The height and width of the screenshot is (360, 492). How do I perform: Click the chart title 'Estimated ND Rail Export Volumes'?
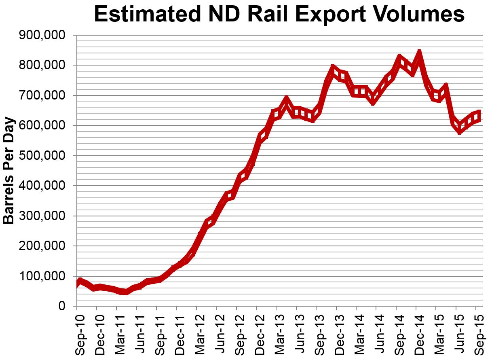click(279, 15)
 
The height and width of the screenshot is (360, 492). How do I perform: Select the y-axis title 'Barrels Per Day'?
click(9, 170)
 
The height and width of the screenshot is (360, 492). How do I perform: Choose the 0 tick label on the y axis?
click(61, 306)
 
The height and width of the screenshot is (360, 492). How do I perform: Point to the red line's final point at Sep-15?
click(479, 116)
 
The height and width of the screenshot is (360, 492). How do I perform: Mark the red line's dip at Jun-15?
click(459, 128)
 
